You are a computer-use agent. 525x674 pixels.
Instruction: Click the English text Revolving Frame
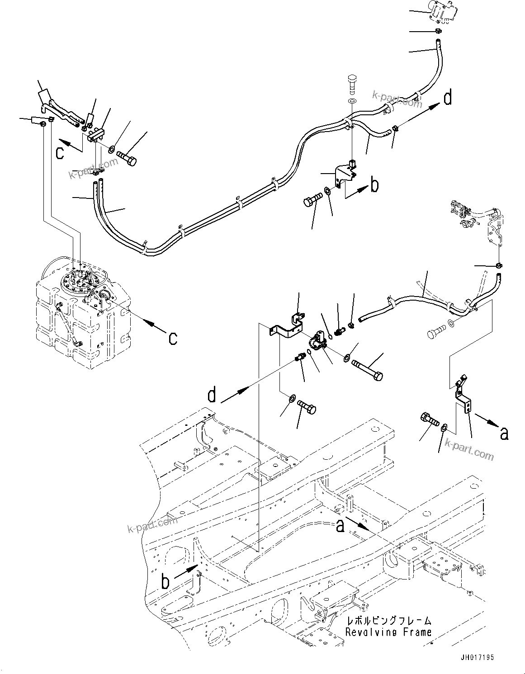coord(388,632)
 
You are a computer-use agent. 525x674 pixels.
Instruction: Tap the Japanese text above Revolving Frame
coord(388,621)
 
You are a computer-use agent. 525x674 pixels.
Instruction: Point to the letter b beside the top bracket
coord(374,185)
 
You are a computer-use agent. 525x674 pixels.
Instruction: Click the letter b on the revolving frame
coord(166,582)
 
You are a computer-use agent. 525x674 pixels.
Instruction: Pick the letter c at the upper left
coord(60,153)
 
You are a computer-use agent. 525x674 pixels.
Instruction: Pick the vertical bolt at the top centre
coord(352,84)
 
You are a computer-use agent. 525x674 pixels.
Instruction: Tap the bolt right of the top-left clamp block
coord(127,159)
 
